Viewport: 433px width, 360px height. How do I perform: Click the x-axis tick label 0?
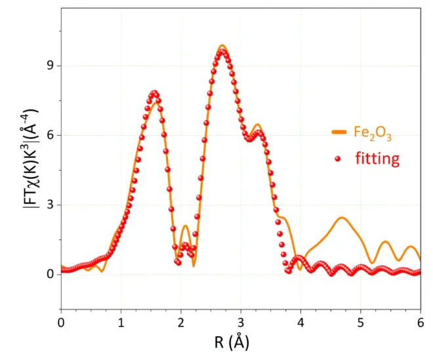click(x=61, y=323)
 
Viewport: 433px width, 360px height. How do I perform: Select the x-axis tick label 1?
click(x=121, y=323)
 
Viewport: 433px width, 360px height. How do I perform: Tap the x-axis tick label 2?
click(x=181, y=323)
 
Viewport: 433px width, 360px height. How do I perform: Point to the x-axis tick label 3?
click(x=241, y=323)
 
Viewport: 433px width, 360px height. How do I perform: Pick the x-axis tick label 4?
click(x=300, y=323)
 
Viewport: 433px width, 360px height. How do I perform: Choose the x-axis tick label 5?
click(x=360, y=323)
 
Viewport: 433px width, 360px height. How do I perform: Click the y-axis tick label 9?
click(x=49, y=66)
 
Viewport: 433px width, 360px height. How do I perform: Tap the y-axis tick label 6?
click(x=49, y=135)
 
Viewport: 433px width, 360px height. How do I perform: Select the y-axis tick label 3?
click(x=49, y=205)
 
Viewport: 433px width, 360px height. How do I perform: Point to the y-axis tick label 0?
click(x=49, y=274)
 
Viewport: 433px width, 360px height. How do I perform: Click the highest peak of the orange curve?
click(x=222, y=45)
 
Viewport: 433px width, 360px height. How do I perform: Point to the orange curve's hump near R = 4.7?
click(x=342, y=217)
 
